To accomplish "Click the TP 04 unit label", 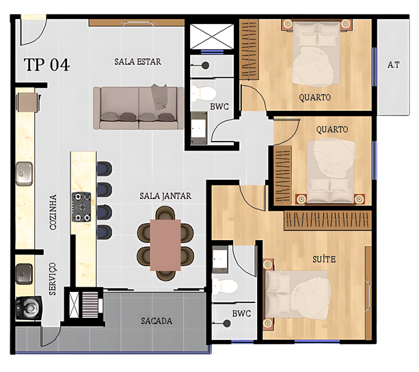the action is tap(46, 64).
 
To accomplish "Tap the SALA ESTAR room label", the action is tap(138, 62).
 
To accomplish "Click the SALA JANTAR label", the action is tap(165, 196).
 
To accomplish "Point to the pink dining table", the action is tap(165, 245).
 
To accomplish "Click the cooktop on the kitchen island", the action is tap(81, 207).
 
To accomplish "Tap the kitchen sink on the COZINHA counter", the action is tap(25, 174).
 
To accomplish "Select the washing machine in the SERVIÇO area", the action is tap(29, 308).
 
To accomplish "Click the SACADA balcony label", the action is tap(157, 321).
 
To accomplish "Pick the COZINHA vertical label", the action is tap(53, 212).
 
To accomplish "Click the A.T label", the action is tap(394, 65).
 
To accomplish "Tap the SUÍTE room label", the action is tap(324, 259).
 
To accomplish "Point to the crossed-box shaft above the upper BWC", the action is tap(212, 36).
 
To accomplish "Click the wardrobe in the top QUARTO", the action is tap(249, 49).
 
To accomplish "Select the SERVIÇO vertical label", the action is tap(53, 279).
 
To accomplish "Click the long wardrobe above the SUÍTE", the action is tap(328, 220).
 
